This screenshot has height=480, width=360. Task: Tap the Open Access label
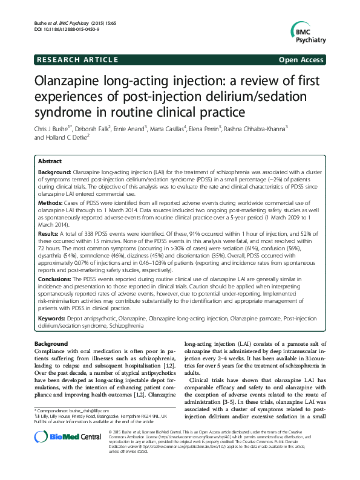point(303,60)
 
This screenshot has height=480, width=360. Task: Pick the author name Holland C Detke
point(68,137)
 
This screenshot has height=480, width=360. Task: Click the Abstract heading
point(50,163)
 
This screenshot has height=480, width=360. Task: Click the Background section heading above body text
point(51,344)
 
